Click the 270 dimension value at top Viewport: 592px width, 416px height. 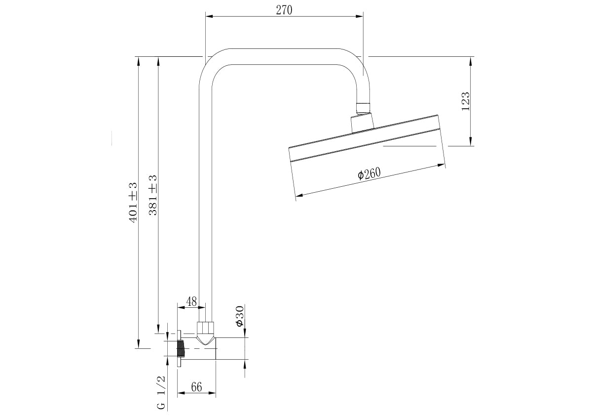pos(284,10)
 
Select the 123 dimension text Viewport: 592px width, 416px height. pos(465,101)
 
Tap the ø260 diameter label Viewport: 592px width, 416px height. pos(369,173)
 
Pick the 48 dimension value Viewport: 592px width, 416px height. pos(191,301)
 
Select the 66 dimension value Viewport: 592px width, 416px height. pos(196,387)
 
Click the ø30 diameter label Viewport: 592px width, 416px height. pos(239,316)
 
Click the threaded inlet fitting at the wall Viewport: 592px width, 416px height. pos(181,349)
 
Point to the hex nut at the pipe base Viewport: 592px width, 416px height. pos(205,329)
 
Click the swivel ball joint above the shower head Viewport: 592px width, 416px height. pos(363,108)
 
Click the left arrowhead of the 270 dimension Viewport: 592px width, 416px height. pos(208,16)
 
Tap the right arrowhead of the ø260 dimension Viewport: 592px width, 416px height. pos(444,165)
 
